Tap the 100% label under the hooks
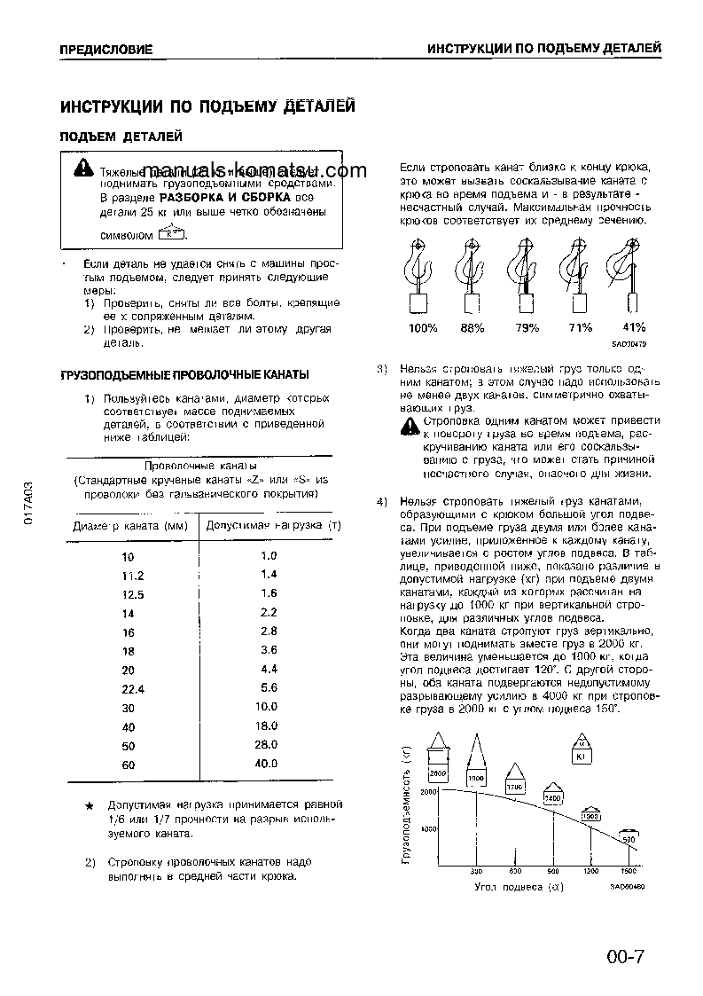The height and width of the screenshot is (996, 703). pyautogui.click(x=422, y=328)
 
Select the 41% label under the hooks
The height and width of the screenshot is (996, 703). pyautogui.click(x=634, y=327)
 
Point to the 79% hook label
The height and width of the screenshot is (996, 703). pyautogui.click(x=527, y=328)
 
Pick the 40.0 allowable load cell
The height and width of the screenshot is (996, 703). pyautogui.click(x=268, y=764)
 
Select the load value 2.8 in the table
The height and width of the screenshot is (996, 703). pyautogui.click(x=269, y=631)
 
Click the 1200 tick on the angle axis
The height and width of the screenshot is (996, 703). pyautogui.click(x=590, y=871)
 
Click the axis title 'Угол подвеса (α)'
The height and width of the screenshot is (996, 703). pyautogui.click(x=519, y=885)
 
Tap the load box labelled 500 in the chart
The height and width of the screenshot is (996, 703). pyautogui.click(x=629, y=837)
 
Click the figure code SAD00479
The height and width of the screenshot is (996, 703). pyautogui.click(x=629, y=344)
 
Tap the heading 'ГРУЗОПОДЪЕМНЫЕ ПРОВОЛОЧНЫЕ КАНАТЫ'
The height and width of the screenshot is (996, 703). pyautogui.click(x=184, y=374)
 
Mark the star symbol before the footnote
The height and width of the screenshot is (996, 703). pyautogui.click(x=89, y=805)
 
